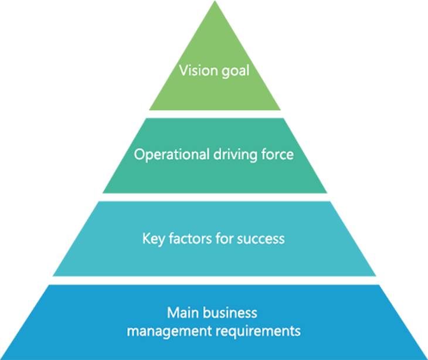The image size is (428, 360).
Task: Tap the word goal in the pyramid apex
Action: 235,72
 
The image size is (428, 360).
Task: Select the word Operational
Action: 171,155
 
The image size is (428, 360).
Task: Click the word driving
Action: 235,155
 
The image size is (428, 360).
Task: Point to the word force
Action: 277,154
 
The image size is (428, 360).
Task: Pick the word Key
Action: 154,239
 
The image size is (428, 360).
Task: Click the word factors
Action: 190,238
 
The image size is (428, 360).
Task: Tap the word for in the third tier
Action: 225,238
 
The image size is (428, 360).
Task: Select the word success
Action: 261,239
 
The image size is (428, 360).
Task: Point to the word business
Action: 230,313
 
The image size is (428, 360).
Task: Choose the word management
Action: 169,332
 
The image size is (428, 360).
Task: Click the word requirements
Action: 258,332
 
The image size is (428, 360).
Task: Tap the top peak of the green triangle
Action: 215,1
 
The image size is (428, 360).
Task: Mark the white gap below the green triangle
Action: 215,114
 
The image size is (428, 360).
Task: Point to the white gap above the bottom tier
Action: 215,280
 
